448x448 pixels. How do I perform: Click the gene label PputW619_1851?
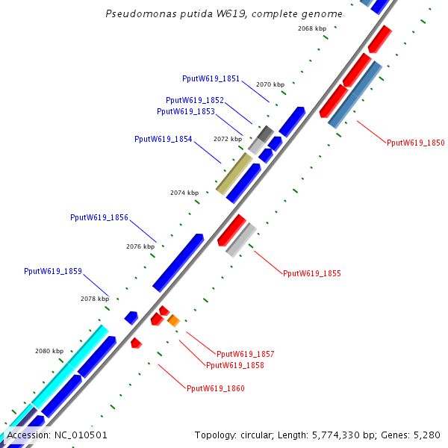click(x=211, y=78)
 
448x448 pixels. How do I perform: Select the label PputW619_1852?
click(x=194, y=100)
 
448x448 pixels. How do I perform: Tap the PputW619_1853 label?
click(x=185, y=111)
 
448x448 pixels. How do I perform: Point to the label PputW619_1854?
click(x=163, y=139)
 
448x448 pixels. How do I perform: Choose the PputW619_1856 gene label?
click(x=99, y=217)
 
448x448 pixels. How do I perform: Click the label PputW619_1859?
click(x=52, y=271)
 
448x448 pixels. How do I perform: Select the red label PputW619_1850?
click(x=415, y=143)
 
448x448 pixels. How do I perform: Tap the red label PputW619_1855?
click(x=311, y=273)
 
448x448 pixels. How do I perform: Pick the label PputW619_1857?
click(x=245, y=353)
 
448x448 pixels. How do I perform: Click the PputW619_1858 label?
click(x=234, y=365)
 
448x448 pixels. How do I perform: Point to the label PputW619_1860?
click(x=215, y=388)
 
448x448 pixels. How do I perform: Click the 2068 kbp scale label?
click(x=311, y=28)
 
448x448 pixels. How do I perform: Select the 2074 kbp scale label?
click(x=184, y=193)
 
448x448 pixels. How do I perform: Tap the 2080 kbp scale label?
click(x=49, y=351)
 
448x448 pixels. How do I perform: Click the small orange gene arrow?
click(x=173, y=320)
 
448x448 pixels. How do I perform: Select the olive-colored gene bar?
click(x=234, y=173)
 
